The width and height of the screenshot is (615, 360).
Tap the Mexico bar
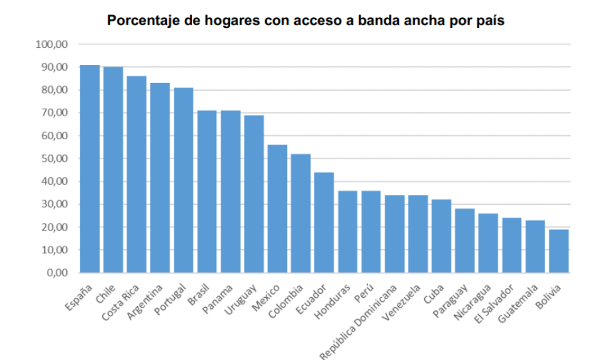pos(277,208)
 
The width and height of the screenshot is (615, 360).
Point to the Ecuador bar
pos(324,222)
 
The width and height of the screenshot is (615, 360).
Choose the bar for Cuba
pos(441,235)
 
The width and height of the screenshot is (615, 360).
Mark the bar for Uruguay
pos(254,194)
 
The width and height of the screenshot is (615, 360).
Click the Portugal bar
pos(184,180)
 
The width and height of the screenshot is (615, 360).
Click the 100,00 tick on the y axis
pos(53,44)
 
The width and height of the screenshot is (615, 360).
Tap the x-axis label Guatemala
pos(518,304)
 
